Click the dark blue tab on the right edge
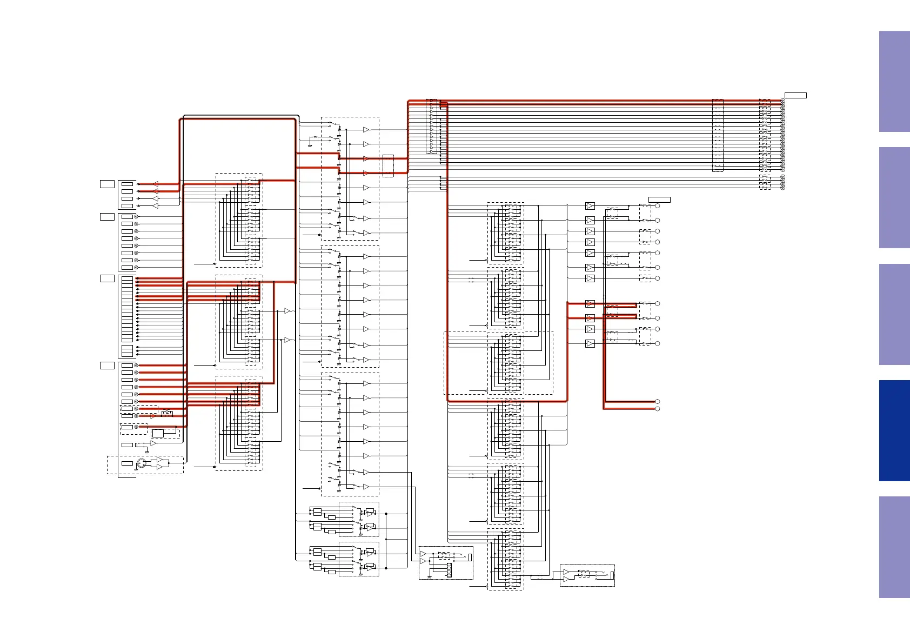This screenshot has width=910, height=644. pyautogui.click(x=894, y=430)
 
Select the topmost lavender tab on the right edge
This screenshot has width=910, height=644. pyautogui.click(x=894, y=81)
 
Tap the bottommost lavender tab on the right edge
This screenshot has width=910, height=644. pyautogui.click(x=894, y=547)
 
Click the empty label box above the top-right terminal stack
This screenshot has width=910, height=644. pyautogui.click(x=795, y=96)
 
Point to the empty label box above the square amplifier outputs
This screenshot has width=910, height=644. pyautogui.click(x=659, y=200)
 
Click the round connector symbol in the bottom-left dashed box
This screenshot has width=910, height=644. pyautogui.click(x=142, y=463)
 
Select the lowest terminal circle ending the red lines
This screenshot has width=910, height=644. pyautogui.click(x=658, y=409)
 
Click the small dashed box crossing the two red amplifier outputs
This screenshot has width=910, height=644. pyautogui.click(x=612, y=311)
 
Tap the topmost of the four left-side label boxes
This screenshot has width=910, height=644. pyautogui.click(x=107, y=184)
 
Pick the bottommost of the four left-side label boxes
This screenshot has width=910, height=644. pyautogui.click(x=107, y=366)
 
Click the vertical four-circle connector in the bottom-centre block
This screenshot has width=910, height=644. pyautogui.click(x=449, y=570)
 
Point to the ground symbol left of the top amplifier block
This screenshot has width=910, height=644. pyautogui.click(x=310, y=145)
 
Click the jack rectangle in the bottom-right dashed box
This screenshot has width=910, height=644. pyautogui.click(x=612, y=575)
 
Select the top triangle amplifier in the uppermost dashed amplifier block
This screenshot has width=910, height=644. pyautogui.click(x=366, y=130)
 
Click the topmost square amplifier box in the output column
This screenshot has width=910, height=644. pyautogui.click(x=590, y=206)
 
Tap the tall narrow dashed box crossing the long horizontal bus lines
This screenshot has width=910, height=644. pyautogui.click(x=718, y=135)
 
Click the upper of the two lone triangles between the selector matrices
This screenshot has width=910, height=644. pyautogui.click(x=287, y=311)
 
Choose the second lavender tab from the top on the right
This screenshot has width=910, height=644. pyautogui.click(x=894, y=197)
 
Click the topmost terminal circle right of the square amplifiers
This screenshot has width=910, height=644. pyautogui.click(x=658, y=206)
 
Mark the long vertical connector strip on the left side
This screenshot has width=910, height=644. pyautogui.click(x=128, y=309)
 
